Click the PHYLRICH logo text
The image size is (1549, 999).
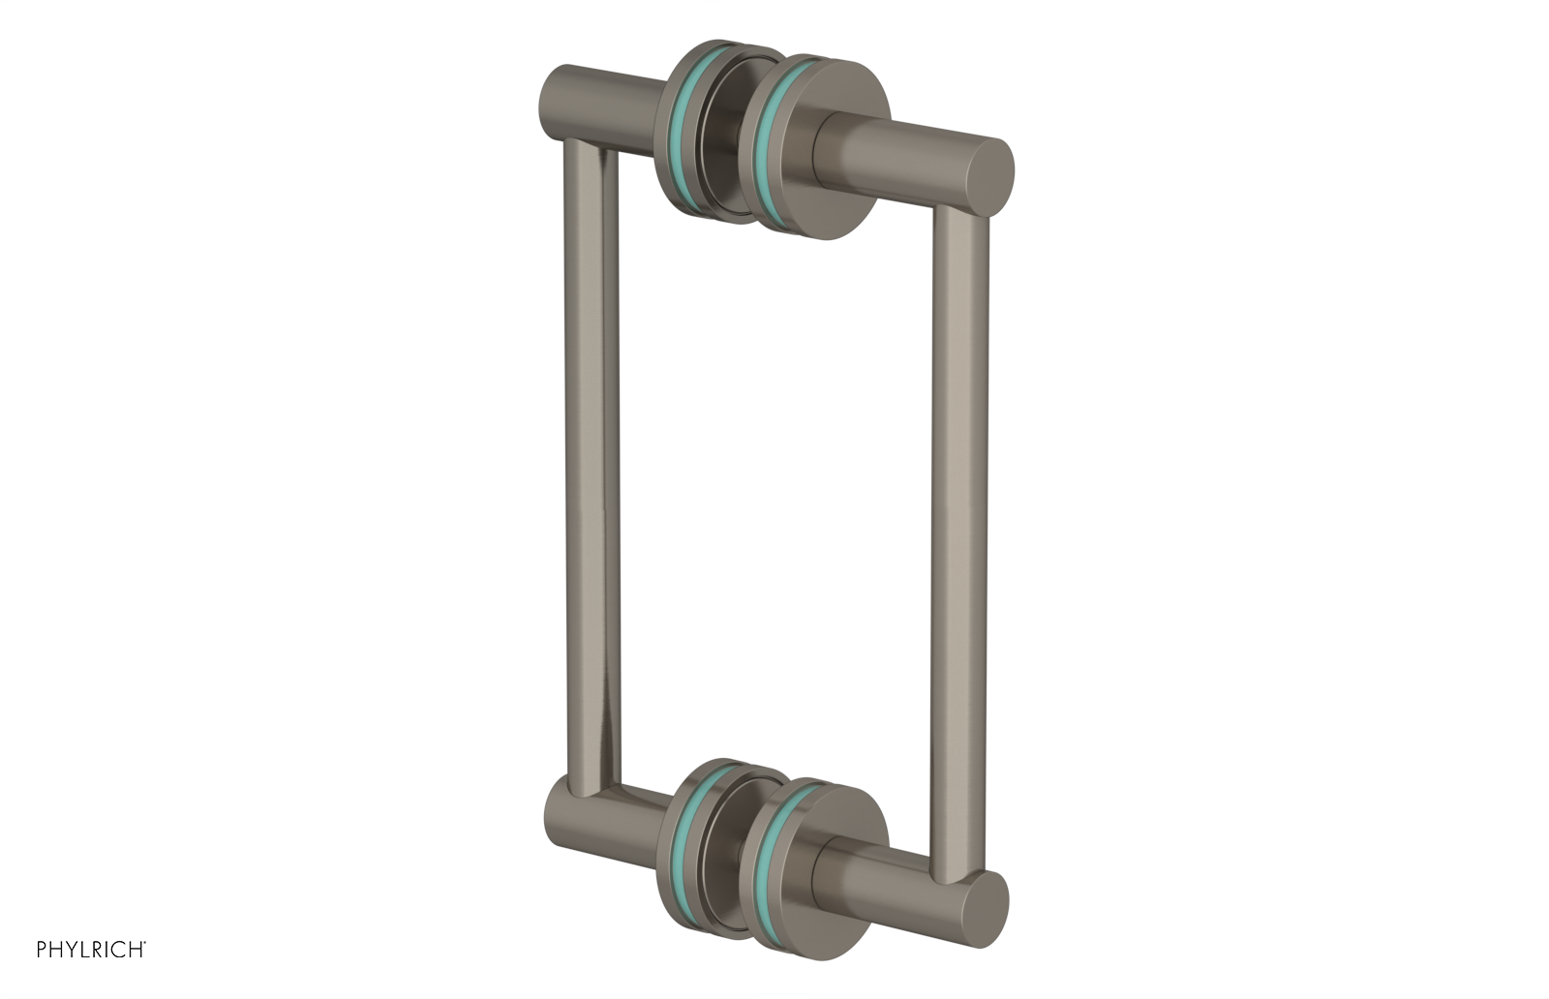pyautogui.click(x=91, y=950)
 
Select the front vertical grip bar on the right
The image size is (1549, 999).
pyautogui.click(x=958, y=542)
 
